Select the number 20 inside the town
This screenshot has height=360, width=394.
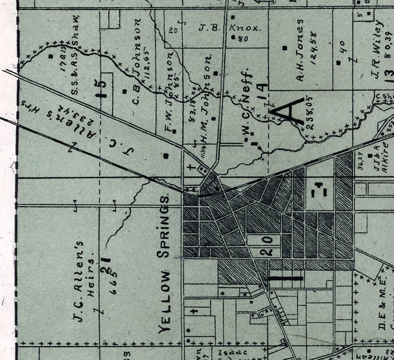tap(266, 245)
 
